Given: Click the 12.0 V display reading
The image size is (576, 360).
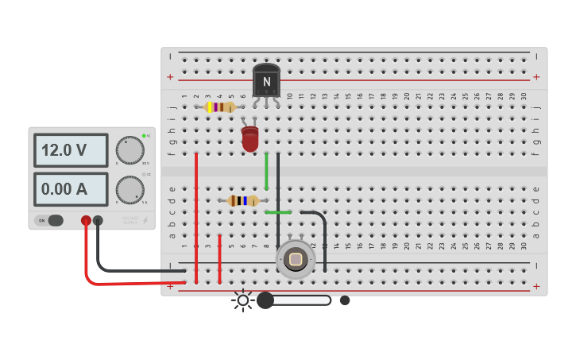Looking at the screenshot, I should click(70, 150).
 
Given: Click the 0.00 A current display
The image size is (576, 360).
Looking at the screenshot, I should click(70, 189).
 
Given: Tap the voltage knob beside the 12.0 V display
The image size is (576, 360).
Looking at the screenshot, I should click(130, 150).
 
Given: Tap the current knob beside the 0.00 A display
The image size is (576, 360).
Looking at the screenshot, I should click(130, 190).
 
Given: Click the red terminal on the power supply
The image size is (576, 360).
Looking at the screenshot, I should click(86, 220).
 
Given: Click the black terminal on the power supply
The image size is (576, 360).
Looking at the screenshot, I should click(98, 220).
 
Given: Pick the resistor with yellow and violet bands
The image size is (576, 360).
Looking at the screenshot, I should click(219, 106).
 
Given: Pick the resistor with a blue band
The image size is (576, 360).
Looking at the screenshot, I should click(243, 200).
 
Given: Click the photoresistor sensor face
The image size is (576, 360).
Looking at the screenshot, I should click(296, 259).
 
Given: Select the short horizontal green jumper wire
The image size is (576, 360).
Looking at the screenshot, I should click(278, 212).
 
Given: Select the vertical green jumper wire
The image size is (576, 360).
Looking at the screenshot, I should click(266, 171).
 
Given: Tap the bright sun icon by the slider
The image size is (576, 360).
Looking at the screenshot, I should click(242, 300).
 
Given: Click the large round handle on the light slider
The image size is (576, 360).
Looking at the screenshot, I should click(265, 300).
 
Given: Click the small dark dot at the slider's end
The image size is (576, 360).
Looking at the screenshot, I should click(345, 300).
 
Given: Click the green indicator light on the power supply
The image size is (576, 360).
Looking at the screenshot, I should click(144, 136).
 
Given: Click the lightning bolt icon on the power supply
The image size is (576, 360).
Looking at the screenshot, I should click(145, 220).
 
